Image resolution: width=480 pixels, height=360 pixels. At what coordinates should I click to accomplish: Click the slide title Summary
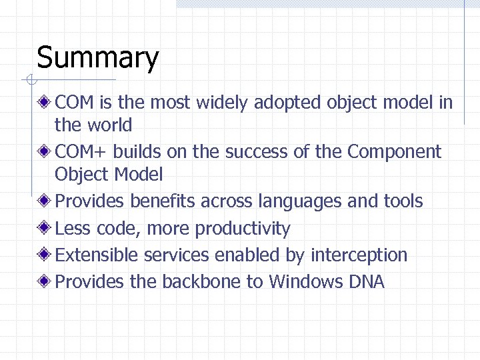(97, 58)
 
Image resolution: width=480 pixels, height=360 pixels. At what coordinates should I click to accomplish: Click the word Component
(394, 152)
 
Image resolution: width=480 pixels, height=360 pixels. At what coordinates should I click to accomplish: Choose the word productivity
(243, 229)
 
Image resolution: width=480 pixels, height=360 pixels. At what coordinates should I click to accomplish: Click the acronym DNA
(367, 282)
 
